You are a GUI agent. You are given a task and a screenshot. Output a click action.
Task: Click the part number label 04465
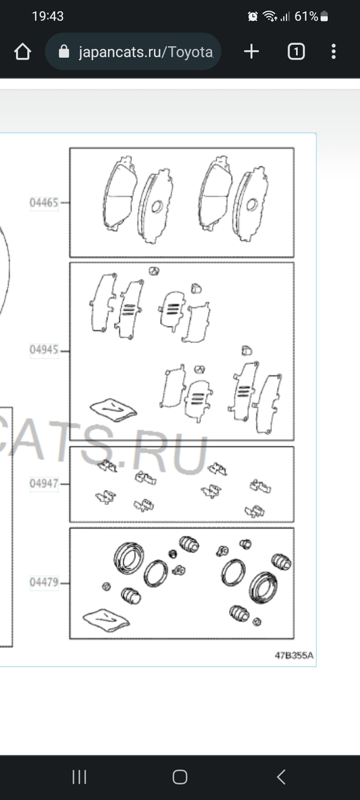[x=44, y=203]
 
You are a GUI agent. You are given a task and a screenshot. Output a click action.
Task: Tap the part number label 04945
[x=44, y=350]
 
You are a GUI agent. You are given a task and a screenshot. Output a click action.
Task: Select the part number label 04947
[x=44, y=483]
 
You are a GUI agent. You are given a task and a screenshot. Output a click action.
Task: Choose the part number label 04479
[x=44, y=582]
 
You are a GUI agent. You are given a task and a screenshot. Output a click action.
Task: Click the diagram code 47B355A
[x=294, y=655]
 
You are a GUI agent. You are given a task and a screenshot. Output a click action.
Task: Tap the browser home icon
[x=22, y=52]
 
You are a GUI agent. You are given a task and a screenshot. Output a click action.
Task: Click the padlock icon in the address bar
[x=64, y=52]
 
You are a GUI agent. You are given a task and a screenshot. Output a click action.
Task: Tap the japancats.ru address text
[x=146, y=52]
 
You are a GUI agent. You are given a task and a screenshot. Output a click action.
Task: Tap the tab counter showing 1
[x=296, y=52]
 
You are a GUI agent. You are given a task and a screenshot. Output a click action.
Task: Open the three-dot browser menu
[x=333, y=52]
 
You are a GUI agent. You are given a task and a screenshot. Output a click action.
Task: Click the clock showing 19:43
[x=48, y=16]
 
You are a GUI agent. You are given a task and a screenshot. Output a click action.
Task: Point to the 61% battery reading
[x=306, y=16]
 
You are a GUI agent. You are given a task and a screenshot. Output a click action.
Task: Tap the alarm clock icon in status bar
[x=253, y=16]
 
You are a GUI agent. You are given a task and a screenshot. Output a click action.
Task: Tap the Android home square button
[x=180, y=777]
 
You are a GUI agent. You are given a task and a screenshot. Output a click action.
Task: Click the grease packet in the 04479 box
[x=106, y=620]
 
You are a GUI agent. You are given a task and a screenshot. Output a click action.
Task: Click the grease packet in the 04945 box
[x=113, y=410]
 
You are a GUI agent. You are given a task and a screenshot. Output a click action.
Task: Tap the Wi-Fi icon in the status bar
[x=270, y=16]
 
